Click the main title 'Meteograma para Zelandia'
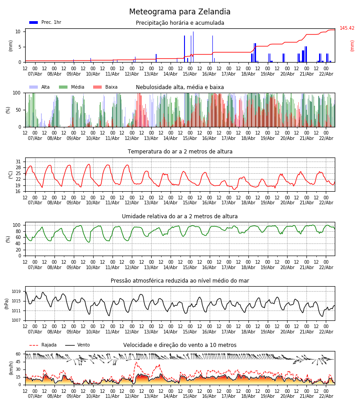click(x=180, y=12)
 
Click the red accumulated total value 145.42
click(x=347, y=28)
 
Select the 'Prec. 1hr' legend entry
click(x=45, y=22)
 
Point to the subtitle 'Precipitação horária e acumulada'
click(x=180, y=23)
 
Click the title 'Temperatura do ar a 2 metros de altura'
click(x=180, y=152)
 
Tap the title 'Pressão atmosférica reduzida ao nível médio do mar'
click(x=180, y=281)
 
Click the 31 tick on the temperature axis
click(x=18, y=162)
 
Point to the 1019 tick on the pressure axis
click(x=16, y=292)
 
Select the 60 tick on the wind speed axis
click(x=18, y=354)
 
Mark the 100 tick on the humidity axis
click(x=17, y=225)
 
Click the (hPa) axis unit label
click(x=7, y=303)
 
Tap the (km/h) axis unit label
click(x=7, y=368)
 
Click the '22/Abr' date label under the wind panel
click(x=326, y=396)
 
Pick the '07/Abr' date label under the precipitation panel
click(x=35, y=74)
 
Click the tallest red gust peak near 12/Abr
click(x=136, y=362)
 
